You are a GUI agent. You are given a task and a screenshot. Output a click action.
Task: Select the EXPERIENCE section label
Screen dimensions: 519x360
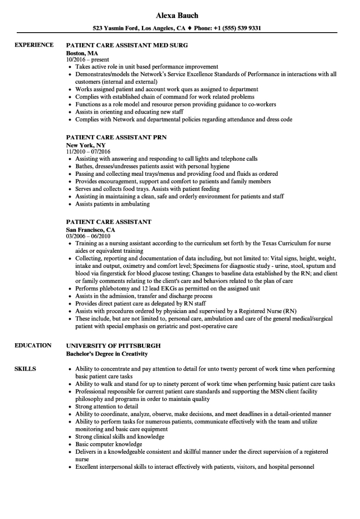pos(34,45)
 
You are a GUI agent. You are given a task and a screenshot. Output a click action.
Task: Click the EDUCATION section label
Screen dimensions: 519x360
pos(33,345)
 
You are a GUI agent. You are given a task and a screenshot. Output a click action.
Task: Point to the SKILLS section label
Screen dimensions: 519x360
pos(25,369)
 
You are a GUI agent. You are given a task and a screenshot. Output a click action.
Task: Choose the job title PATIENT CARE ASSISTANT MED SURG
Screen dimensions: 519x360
pos(127,45)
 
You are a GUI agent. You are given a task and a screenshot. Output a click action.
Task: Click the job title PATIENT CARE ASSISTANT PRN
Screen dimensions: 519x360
pos(116,137)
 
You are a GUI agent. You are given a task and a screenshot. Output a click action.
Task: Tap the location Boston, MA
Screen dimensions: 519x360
pos(82,52)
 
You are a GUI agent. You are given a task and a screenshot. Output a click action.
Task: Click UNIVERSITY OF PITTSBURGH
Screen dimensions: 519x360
pos(113,345)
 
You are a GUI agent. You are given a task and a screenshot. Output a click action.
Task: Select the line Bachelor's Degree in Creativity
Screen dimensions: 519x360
pos(107,354)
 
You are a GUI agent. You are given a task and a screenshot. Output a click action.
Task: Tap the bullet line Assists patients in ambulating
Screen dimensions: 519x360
pos(112,204)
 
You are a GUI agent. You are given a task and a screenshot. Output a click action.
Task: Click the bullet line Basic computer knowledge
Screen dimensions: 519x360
pos(108,444)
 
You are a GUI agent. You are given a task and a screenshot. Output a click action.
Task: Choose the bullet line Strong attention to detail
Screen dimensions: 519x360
pos(107,407)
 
